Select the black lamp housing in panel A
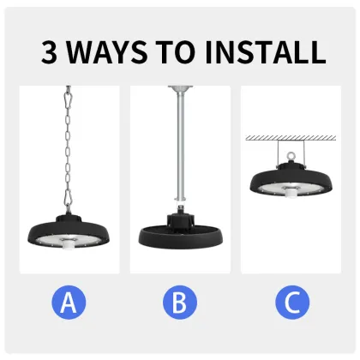click(x=69, y=230)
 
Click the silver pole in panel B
click(x=179, y=146)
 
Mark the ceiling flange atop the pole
click(x=179, y=87)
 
